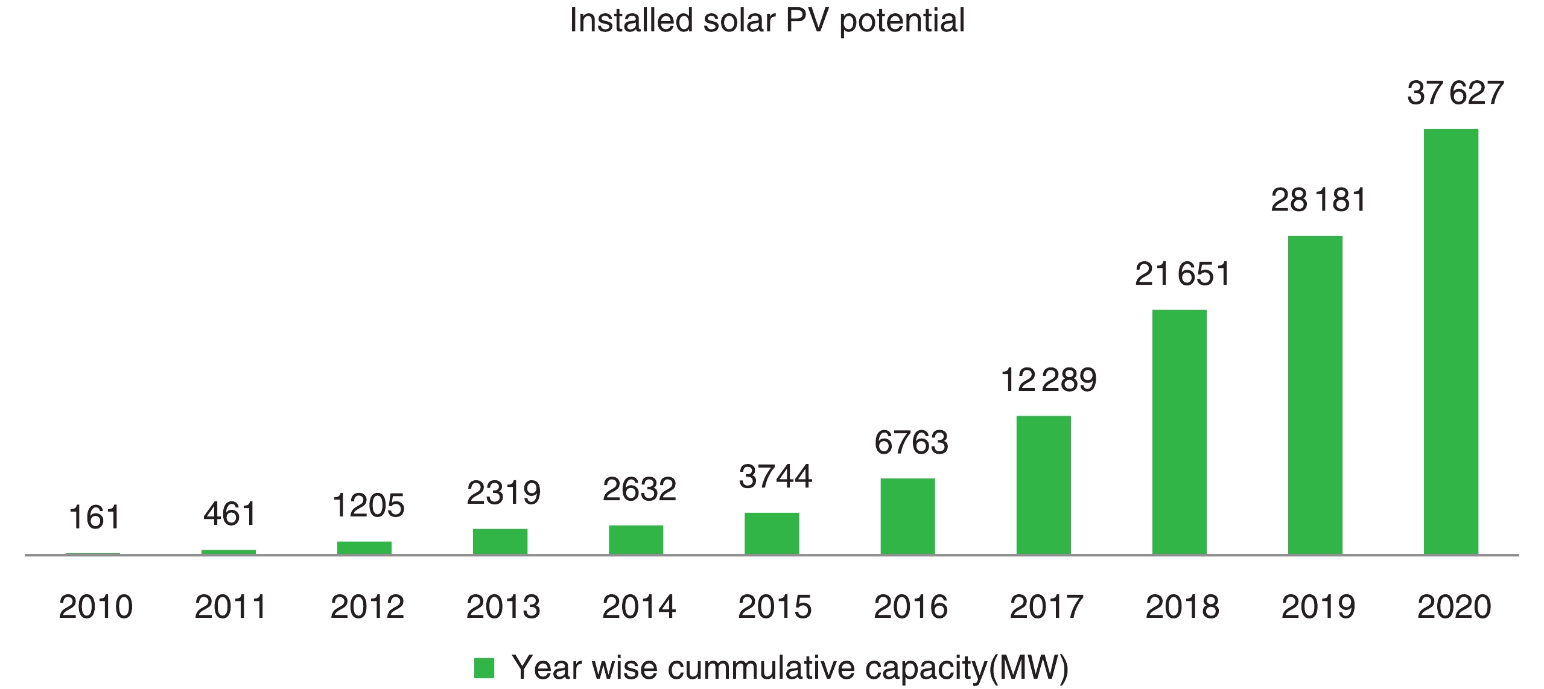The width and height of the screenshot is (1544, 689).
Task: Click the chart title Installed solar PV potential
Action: pos(767,21)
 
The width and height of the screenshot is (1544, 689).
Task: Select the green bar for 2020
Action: pos(1450,341)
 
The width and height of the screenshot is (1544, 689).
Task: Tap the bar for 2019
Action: pos(1315,395)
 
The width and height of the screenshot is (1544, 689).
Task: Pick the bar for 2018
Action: pos(1179,431)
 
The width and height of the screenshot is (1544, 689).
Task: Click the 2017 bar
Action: pos(1043,484)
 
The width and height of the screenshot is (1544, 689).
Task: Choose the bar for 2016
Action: pos(907,516)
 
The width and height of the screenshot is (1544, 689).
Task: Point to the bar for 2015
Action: pos(772,533)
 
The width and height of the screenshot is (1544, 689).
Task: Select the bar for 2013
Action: pos(500,541)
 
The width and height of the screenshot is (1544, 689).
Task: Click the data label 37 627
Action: pos(1455,94)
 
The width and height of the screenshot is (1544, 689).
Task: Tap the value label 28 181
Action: pos(1318,200)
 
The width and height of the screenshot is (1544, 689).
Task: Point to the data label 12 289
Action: pos(1048,381)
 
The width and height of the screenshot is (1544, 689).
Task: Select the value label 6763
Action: pos(911,443)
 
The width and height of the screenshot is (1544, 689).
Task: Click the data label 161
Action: pos(95,518)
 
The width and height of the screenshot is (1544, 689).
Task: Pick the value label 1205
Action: pos(368,506)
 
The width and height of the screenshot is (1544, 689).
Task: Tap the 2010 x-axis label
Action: pos(95,607)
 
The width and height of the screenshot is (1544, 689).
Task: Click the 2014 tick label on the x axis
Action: pos(639,607)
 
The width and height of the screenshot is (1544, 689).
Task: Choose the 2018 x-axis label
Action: pos(1183,607)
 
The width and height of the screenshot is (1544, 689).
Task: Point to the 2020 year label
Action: pos(1454,607)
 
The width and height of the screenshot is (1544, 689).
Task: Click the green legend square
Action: pos(484,668)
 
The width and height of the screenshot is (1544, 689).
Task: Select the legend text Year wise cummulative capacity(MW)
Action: pos(790,668)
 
